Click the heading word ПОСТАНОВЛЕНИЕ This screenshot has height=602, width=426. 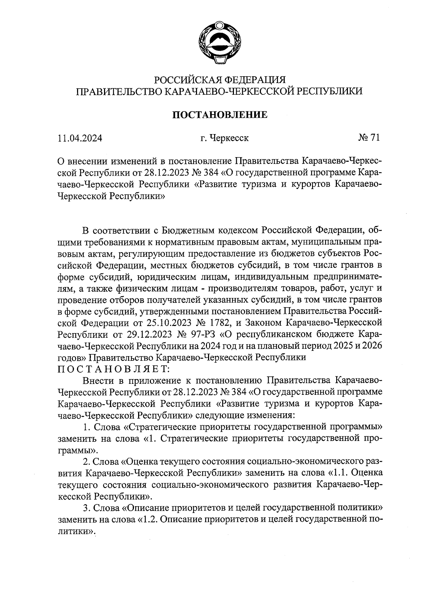point(220,115)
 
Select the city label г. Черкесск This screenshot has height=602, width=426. point(224,138)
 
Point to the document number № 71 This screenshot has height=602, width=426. point(368,138)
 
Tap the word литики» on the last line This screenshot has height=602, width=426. point(77,531)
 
